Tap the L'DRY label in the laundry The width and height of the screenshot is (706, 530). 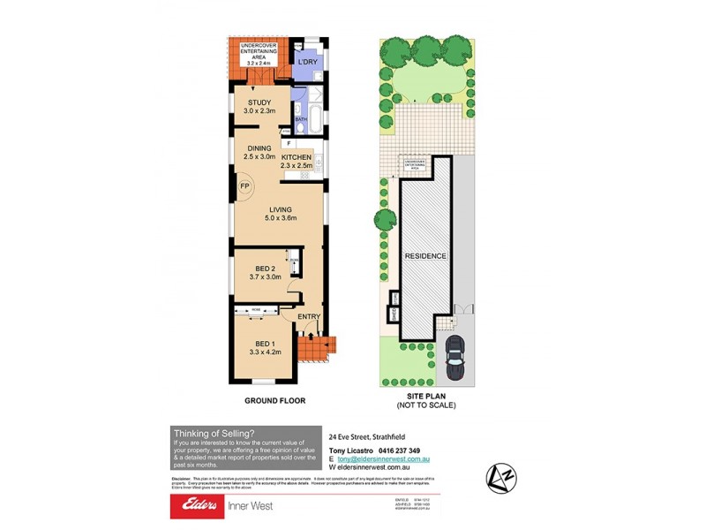(306, 63)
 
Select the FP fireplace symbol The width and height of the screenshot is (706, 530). (244, 186)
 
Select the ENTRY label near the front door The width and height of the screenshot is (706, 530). (309, 317)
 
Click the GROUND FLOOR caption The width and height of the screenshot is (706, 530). (274, 400)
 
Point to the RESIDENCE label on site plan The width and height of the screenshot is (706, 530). (425, 256)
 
